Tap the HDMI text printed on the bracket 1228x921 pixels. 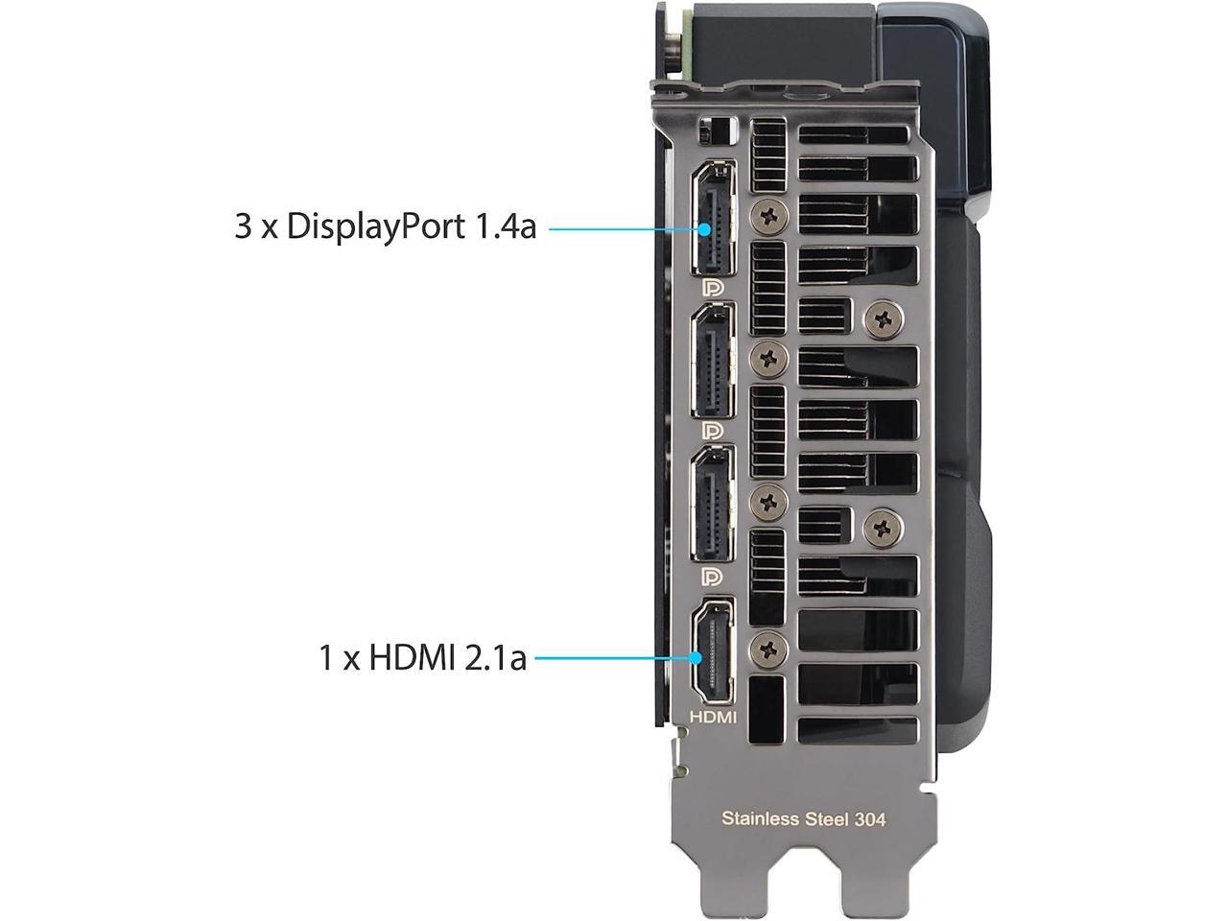point(713,717)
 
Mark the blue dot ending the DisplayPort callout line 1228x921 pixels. point(707,228)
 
